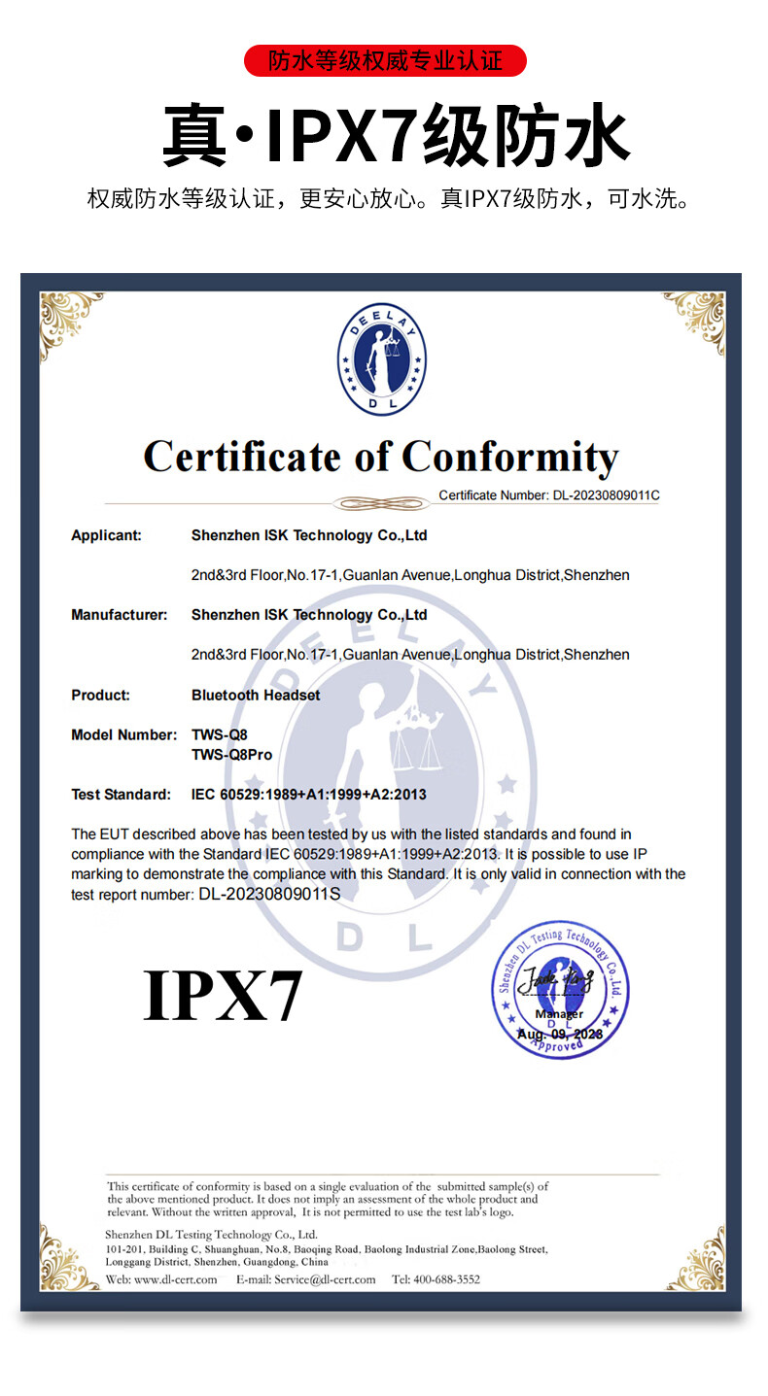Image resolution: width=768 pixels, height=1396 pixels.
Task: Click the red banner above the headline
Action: point(384,61)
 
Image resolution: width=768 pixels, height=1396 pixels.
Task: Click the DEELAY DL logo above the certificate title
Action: point(382,359)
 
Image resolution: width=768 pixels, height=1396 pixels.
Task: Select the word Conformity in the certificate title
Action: point(510,457)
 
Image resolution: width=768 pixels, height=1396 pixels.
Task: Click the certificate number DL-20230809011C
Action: point(607,495)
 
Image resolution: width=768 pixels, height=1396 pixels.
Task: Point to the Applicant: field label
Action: point(106,535)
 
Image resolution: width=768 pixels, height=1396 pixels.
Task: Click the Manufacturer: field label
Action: point(119,615)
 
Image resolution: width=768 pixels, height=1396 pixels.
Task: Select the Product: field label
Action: point(100,695)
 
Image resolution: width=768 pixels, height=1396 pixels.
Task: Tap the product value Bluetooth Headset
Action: point(256,695)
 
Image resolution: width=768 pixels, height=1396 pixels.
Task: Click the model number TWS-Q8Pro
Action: point(231,755)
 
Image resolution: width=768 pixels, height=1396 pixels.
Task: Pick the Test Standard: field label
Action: point(121,795)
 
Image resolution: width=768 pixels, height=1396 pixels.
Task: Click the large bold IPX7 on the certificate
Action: point(223,995)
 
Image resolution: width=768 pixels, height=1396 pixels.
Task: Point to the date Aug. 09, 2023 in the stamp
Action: point(560,1035)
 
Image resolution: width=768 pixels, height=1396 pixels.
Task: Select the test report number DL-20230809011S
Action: point(269,894)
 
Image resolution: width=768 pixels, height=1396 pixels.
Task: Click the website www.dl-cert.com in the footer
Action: point(176,1279)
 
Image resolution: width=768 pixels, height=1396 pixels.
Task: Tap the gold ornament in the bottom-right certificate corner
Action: point(696,1260)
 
